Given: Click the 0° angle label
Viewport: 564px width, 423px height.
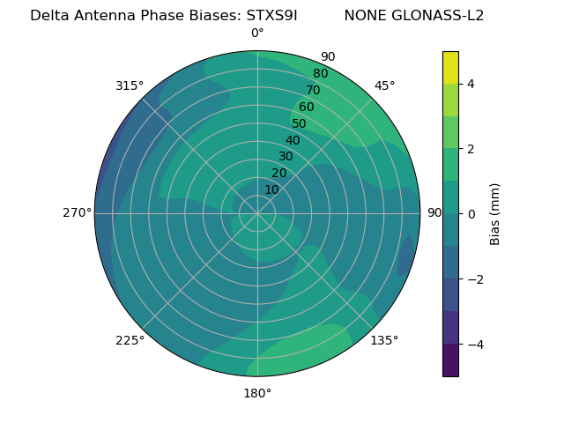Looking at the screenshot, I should click(257, 33).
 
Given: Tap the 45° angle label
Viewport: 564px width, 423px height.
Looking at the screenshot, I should click(385, 85).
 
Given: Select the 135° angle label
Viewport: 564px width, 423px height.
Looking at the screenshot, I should click(384, 340).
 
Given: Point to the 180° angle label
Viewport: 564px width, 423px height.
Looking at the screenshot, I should click(257, 393).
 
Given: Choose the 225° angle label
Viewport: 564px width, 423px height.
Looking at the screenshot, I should click(130, 340).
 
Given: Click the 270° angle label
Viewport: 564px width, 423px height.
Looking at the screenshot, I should click(78, 212).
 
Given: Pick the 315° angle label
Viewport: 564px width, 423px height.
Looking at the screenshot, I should click(130, 85).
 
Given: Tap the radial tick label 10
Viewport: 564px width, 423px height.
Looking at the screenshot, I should click(271, 189).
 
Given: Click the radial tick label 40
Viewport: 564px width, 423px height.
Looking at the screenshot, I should click(293, 140).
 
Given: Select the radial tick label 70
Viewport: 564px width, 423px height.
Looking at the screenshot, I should click(313, 90).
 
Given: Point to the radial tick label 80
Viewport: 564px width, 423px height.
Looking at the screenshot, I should click(320, 73).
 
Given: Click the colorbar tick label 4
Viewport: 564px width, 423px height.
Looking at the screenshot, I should click(471, 84).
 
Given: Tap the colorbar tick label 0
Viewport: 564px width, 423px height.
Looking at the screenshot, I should click(471, 213).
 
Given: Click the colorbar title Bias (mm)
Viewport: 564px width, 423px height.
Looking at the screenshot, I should click(495, 213).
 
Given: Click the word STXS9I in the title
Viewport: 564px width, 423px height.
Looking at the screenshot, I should click(271, 16).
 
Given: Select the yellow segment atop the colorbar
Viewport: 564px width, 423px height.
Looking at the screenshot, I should click(450, 67).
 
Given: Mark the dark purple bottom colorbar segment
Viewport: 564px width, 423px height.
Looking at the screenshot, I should click(450, 360).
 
